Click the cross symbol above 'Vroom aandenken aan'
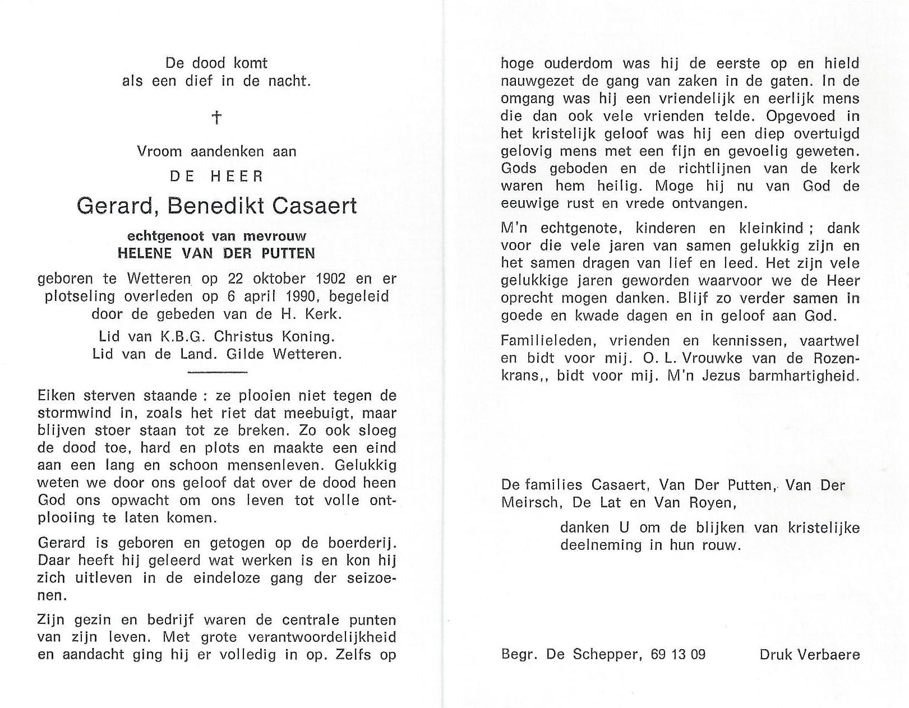coord(216,117)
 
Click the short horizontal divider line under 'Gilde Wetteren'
coord(216,372)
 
